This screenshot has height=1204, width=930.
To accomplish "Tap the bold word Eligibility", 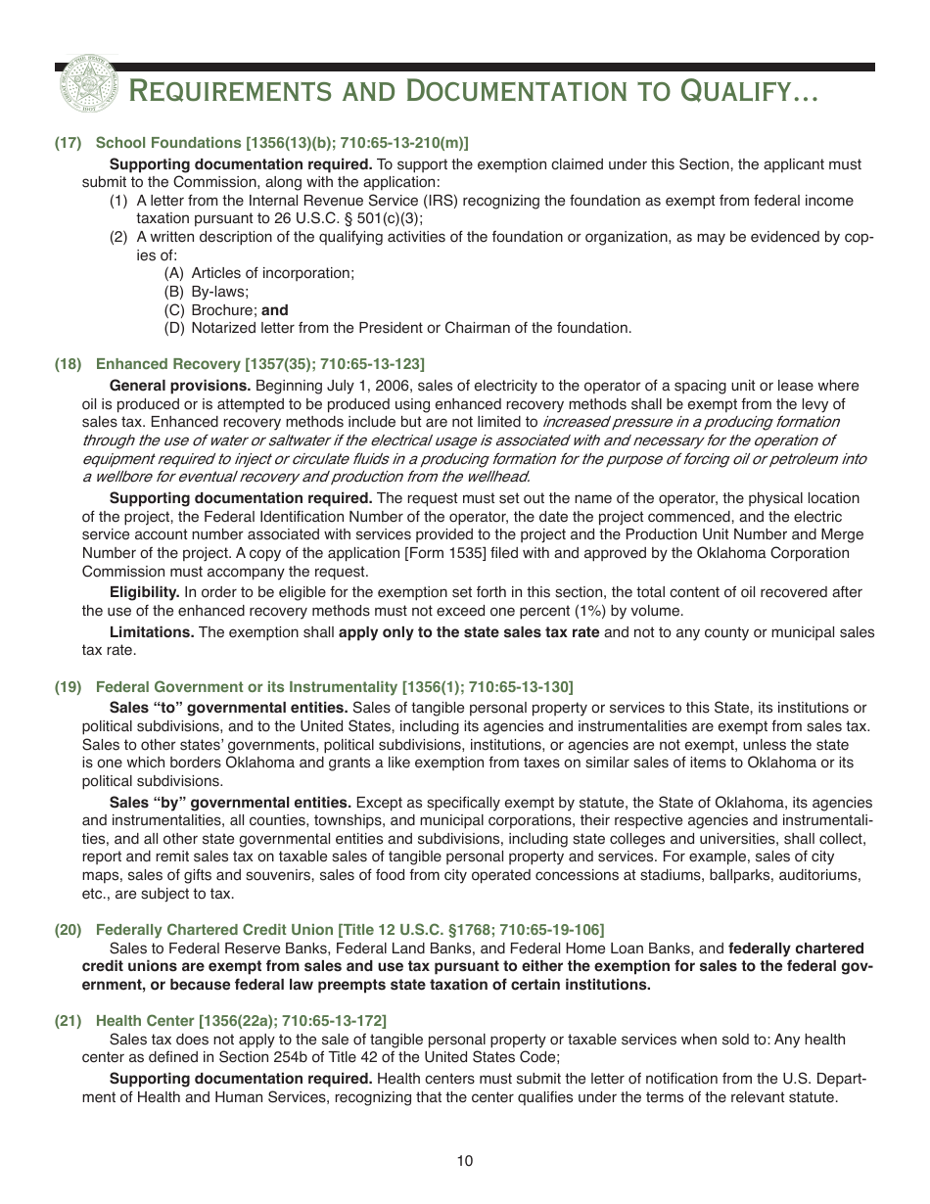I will [x=144, y=592].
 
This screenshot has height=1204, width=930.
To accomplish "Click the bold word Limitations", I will [x=152, y=632].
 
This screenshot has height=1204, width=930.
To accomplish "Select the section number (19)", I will [x=68, y=686].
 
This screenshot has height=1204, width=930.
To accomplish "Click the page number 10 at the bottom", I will [x=465, y=1161].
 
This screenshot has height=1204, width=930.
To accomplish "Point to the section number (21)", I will [x=68, y=1021].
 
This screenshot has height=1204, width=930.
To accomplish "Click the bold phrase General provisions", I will [x=180, y=386].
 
